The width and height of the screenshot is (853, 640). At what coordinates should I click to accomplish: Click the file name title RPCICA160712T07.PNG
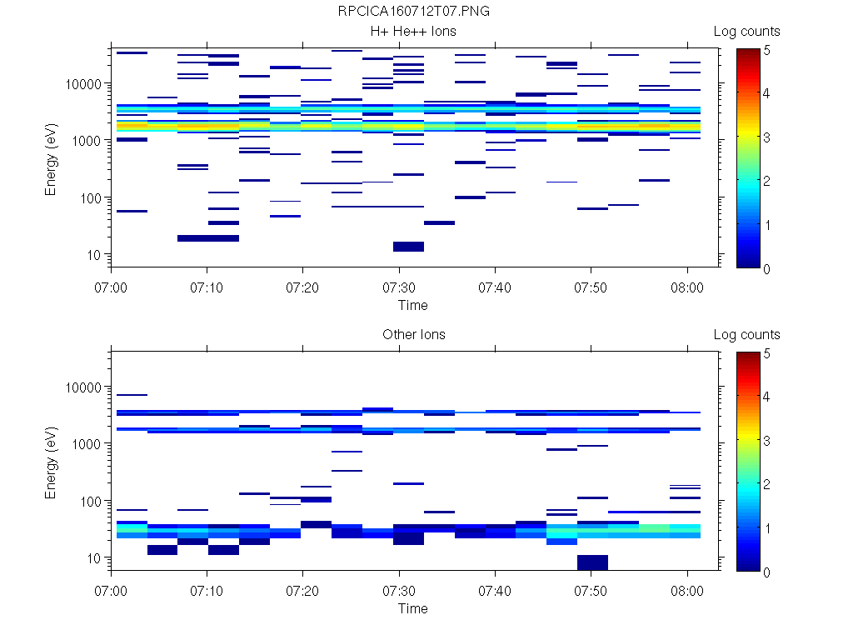tap(413, 12)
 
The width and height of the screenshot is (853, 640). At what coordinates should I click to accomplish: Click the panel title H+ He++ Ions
tap(413, 32)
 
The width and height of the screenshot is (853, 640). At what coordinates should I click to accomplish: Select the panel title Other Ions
tap(413, 335)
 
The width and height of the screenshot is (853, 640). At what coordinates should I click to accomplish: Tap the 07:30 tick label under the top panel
tap(399, 287)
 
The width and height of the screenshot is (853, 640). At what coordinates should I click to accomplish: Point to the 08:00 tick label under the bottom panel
tap(686, 590)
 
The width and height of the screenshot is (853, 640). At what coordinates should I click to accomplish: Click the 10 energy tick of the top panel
tap(94, 254)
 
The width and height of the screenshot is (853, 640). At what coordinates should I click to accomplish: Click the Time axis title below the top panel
tap(412, 305)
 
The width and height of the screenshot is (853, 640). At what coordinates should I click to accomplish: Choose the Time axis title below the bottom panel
tap(412, 608)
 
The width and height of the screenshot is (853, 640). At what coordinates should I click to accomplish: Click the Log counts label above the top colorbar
tap(746, 32)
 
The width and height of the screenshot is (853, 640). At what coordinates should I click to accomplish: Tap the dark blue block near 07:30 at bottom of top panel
tap(408, 247)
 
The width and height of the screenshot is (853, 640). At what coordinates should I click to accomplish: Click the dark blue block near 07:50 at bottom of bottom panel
tap(591, 562)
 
